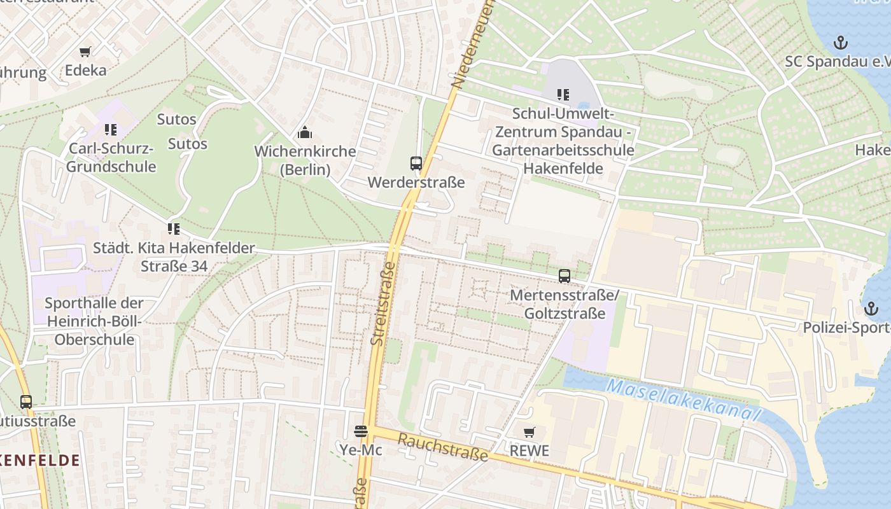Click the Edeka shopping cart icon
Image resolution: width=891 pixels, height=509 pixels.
click(x=85, y=52)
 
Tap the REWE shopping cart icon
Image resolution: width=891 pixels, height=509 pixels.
click(x=529, y=433)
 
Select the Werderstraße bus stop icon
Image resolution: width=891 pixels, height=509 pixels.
click(x=416, y=164)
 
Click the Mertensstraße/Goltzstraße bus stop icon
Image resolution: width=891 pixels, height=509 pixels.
click(x=564, y=276)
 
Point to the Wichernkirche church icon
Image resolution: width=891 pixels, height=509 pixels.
click(x=305, y=133)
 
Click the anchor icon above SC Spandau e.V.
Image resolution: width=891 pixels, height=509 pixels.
click(x=841, y=43)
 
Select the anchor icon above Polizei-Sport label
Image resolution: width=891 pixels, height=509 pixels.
click(x=871, y=309)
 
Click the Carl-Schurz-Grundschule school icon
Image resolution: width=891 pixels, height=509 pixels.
click(x=111, y=130)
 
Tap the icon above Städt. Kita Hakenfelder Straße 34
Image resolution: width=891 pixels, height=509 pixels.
click(x=174, y=229)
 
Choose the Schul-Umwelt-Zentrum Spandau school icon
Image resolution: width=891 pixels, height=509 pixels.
click(x=563, y=95)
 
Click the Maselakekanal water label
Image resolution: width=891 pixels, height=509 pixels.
click(x=684, y=400)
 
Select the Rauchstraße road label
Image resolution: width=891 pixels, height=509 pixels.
click(x=443, y=447)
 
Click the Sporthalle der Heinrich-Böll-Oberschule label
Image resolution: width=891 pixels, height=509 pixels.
click(x=94, y=321)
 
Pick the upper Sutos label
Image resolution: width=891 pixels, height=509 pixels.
click(x=177, y=120)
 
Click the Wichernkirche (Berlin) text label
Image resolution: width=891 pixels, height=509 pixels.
click(x=305, y=160)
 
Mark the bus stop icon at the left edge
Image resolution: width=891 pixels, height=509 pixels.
click(x=25, y=402)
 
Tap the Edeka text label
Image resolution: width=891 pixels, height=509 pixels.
click(x=85, y=70)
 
